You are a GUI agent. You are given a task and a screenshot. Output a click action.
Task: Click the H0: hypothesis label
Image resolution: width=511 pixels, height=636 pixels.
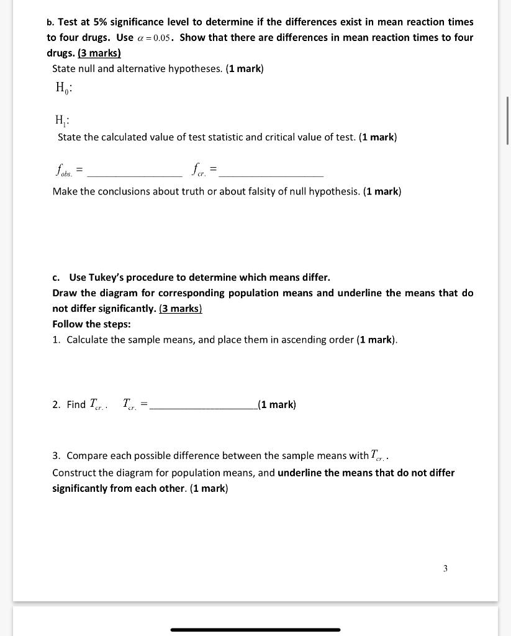(x=63, y=88)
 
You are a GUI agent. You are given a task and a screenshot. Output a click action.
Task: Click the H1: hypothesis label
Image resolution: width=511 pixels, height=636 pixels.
(x=63, y=120)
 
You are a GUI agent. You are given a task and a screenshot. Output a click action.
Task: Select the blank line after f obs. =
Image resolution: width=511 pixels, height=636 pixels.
(x=135, y=176)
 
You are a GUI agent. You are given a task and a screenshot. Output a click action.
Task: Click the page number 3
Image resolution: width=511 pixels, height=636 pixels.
(x=445, y=568)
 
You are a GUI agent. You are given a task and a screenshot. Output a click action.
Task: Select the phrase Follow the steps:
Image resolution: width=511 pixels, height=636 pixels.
(x=91, y=324)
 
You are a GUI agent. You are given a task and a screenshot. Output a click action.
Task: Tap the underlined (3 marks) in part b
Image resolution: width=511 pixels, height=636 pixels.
(x=99, y=53)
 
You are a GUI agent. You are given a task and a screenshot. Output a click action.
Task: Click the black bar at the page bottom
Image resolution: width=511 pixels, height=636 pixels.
(x=255, y=630)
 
